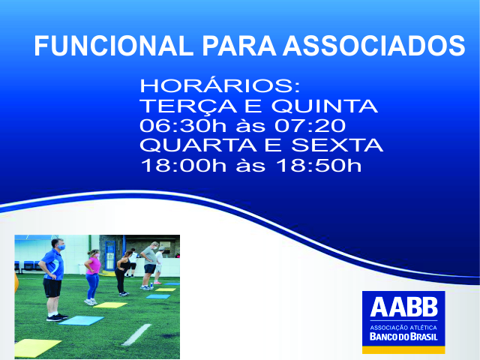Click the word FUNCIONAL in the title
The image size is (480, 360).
click(x=113, y=46)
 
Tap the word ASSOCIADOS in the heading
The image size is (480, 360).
click(x=373, y=46)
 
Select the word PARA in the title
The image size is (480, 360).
click(x=239, y=46)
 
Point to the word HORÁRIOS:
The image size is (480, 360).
click(x=220, y=86)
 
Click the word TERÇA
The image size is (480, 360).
click(x=188, y=106)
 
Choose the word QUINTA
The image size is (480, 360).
click(x=325, y=106)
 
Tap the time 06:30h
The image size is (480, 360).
click(x=183, y=125)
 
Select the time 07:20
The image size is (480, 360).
click(x=310, y=125)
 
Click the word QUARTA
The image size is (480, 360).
click(x=198, y=145)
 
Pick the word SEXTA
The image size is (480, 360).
click(x=337, y=145)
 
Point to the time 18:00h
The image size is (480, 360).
click(x=183, y=165)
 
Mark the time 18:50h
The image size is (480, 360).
click(x=319, y=165)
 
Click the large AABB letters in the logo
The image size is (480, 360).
click(x=403, y=307)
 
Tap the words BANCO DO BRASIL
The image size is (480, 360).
click(x=403, y=337)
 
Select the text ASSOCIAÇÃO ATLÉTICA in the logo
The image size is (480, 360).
click(x=403, y=328)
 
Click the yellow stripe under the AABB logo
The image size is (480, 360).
click(x=403, y=350)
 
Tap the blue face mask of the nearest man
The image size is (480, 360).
click(x=61, y=247)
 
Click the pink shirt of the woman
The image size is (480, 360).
click(x=93, y=265)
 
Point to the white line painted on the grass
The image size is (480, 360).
click(x=136, y=334)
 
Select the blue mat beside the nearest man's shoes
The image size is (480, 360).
click(x=82, y=320)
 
